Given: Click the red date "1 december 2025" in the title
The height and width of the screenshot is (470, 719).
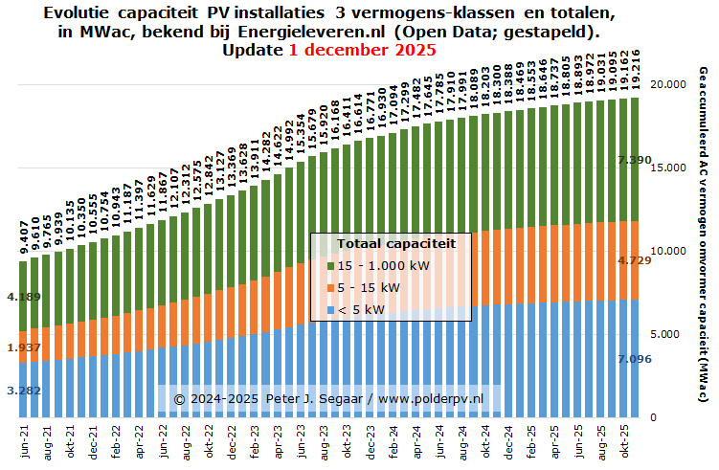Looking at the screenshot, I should [362, 50].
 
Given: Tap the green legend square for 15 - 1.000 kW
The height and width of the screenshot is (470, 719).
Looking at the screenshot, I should [331, 265].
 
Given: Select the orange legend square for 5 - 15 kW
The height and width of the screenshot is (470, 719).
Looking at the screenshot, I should [331, 287].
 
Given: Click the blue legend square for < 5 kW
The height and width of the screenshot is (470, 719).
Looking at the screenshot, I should [331, 309].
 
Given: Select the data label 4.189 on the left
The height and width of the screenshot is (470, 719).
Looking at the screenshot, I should [23, 297].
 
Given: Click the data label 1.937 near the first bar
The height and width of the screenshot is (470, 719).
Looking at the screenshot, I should [23, 347].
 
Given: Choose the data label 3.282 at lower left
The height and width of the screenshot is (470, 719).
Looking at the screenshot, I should [23, 391].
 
